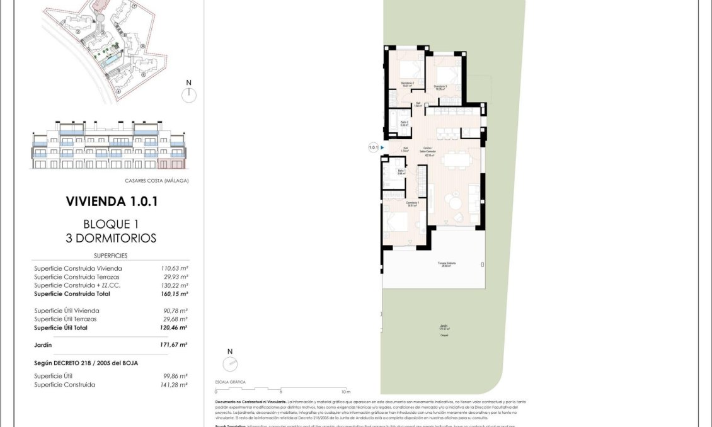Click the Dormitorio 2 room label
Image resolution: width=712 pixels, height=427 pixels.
(408, 84)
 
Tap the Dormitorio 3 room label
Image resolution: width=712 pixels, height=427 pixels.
(440, 87)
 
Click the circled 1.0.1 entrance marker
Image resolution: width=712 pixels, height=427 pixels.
(373, 148)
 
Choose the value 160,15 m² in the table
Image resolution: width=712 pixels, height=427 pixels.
(174, 293)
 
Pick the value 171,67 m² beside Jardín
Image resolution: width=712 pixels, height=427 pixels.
(174, 344)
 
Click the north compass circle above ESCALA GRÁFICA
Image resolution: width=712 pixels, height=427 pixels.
(230, 364)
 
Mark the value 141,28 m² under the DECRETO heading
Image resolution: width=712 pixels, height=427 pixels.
(175, 384)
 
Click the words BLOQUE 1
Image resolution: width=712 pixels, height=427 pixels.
(111, 224)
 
